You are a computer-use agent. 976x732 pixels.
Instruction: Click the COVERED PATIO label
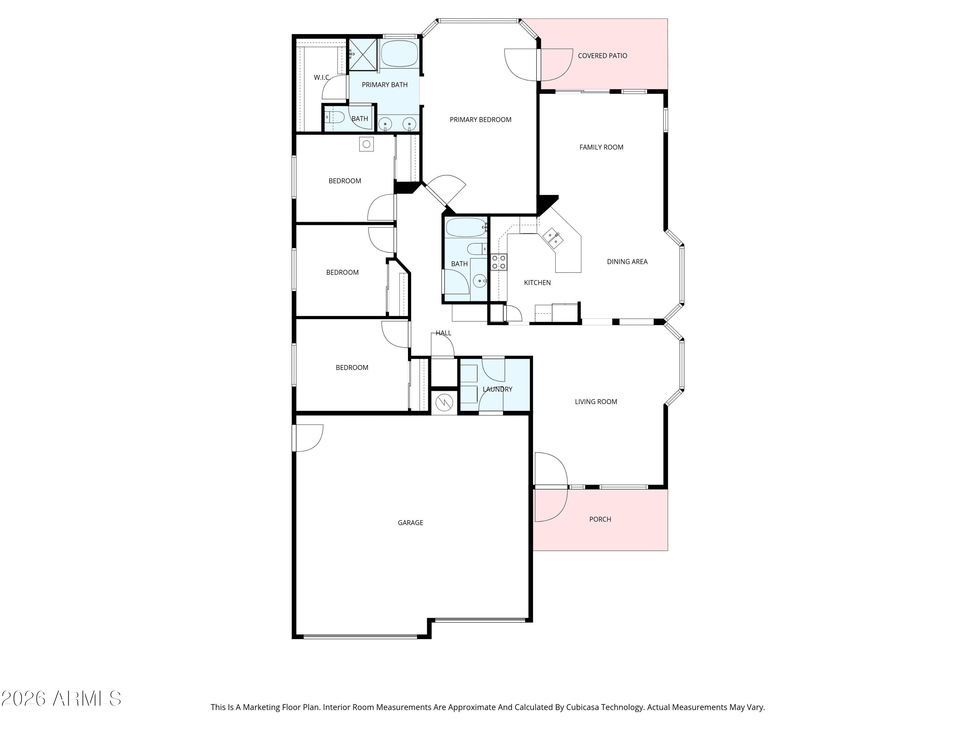[602, 56]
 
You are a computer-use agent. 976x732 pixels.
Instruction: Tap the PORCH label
[600, 519]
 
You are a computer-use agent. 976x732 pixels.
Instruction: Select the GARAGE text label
[410, 523]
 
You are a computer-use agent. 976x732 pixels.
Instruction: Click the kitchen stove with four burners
[499, 262]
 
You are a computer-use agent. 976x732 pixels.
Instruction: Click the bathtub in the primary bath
[399, 54]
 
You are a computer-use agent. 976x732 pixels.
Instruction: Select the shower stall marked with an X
[363, 55]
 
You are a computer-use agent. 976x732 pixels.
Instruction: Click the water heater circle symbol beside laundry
[444, 402]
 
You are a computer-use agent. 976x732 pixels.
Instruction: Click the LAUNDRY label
[497, 389]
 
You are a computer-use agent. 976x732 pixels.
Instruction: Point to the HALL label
[443, 333]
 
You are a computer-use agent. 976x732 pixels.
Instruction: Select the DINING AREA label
[627, 262]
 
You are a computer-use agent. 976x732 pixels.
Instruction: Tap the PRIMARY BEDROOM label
[480, 120]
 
